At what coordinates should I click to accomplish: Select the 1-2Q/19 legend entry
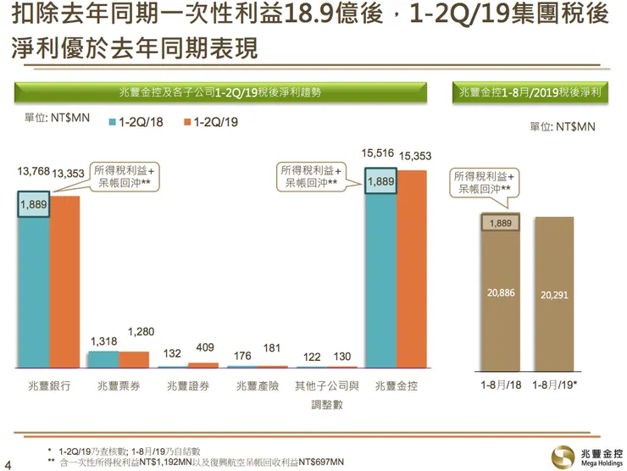[x=209, y=123]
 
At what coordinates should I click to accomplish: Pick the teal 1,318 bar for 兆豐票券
[x=103, y=359]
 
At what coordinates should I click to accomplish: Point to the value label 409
[x=204, y=346]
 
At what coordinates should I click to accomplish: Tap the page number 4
[x=8, y=463]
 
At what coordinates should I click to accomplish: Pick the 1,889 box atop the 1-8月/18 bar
[x=501, y=223]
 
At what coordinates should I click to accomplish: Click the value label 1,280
[x=141, y=330]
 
